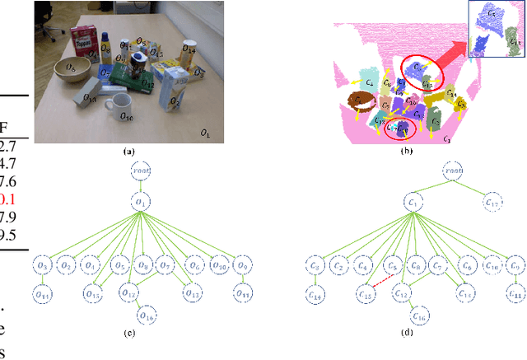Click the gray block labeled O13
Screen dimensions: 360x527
pos(84,99)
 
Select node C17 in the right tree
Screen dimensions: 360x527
pos(492,203)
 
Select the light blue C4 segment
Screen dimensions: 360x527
pos(366,82)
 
